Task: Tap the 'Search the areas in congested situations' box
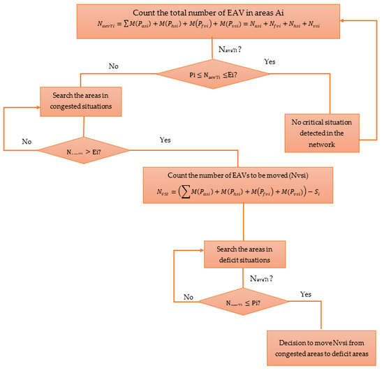(x=84, y=101)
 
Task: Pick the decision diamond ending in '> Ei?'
(x=83, y=149)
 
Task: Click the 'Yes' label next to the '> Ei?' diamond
(x=165, y=139)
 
